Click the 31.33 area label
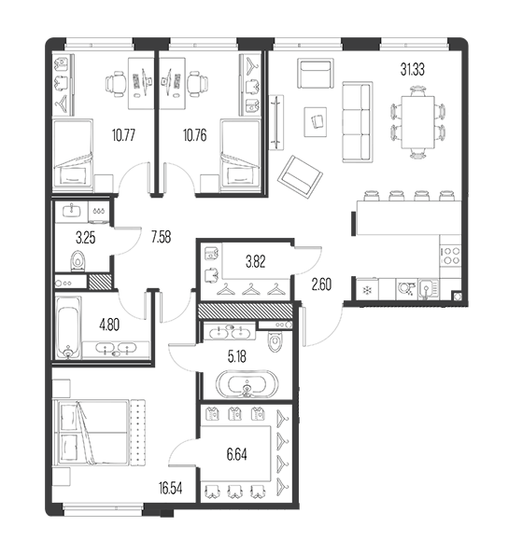[x=412, y=69]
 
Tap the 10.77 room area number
[x=123, y=135]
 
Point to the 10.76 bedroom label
[x=195, y=135]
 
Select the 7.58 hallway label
[x=161, y=237]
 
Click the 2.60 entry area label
[x=321, y=284]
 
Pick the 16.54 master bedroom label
[x=170, y=488]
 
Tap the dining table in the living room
[x=417, y=122]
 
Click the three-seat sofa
[x=358, y=122]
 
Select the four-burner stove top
[x=451, y=256]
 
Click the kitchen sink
[x=429, y=288]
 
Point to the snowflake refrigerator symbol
[x=367, y=290]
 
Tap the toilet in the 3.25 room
[x=78, y=260]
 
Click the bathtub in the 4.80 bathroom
[x=68, y=328]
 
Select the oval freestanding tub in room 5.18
[x=247, y=383]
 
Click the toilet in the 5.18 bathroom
[x=275, y=340]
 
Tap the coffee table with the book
[x=316, y=121]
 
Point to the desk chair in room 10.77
[x=116, y=83]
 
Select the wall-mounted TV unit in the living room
[x=276, y=122]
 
